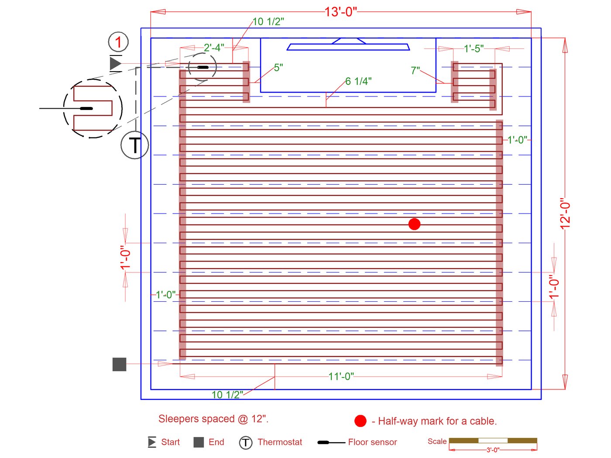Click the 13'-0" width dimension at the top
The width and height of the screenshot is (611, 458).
340,12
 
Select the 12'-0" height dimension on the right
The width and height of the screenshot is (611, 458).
565,214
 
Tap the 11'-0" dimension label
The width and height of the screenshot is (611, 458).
341,376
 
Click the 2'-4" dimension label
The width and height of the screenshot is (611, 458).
214,48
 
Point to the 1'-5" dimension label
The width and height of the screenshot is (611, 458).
474,48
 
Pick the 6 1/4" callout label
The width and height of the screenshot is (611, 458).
358,81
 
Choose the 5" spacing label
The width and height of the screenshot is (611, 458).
278,68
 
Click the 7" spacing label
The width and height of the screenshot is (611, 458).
415,70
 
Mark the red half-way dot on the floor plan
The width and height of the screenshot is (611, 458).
414,224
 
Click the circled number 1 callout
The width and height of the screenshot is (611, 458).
118,42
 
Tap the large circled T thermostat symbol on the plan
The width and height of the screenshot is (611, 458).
134,145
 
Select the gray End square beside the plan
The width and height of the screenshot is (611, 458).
119,364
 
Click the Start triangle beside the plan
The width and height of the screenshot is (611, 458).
115,63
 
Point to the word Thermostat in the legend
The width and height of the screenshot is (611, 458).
280,442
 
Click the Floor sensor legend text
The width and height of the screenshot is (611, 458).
372,442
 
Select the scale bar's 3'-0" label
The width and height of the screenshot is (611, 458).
493,450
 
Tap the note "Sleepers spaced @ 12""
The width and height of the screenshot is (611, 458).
213,419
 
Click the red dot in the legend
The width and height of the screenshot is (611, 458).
360,421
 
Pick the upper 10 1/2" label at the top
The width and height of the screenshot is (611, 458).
268,21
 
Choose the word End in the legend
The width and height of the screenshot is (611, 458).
216,442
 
